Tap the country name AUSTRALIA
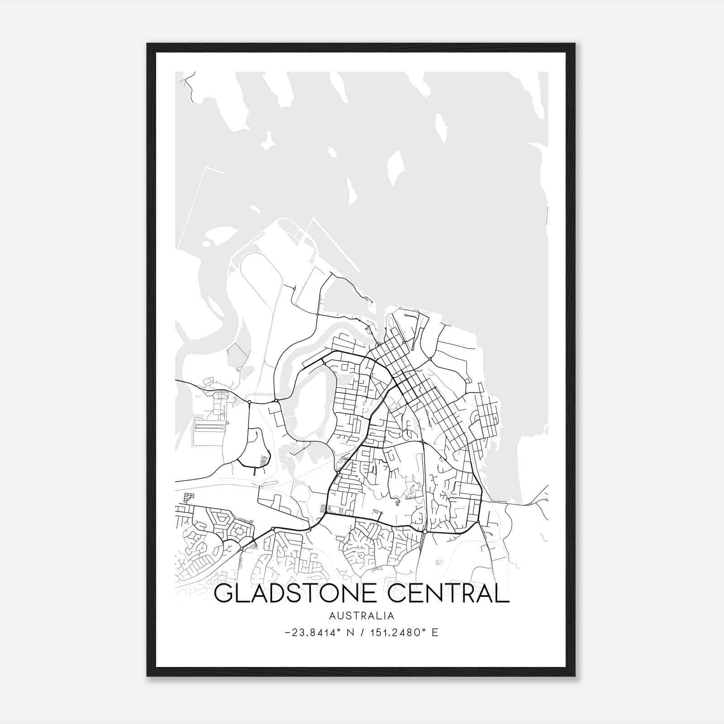tap(362, 616)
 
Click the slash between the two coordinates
tap(362, 633)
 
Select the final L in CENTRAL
tap(503, 593)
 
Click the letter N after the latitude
tap(349, 633)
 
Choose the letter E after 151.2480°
tap(435, 633)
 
